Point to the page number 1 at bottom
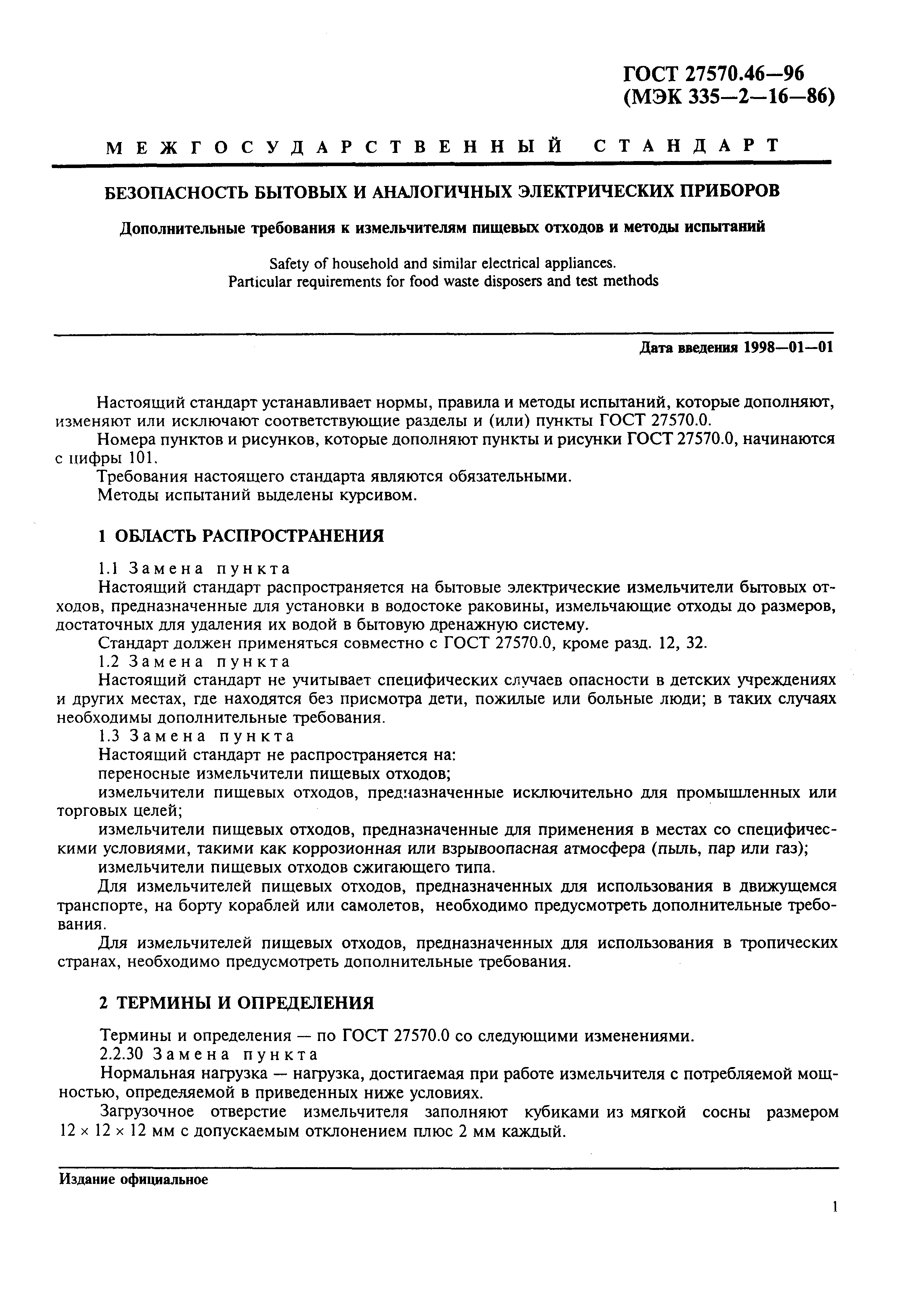834,1223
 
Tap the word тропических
789,943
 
